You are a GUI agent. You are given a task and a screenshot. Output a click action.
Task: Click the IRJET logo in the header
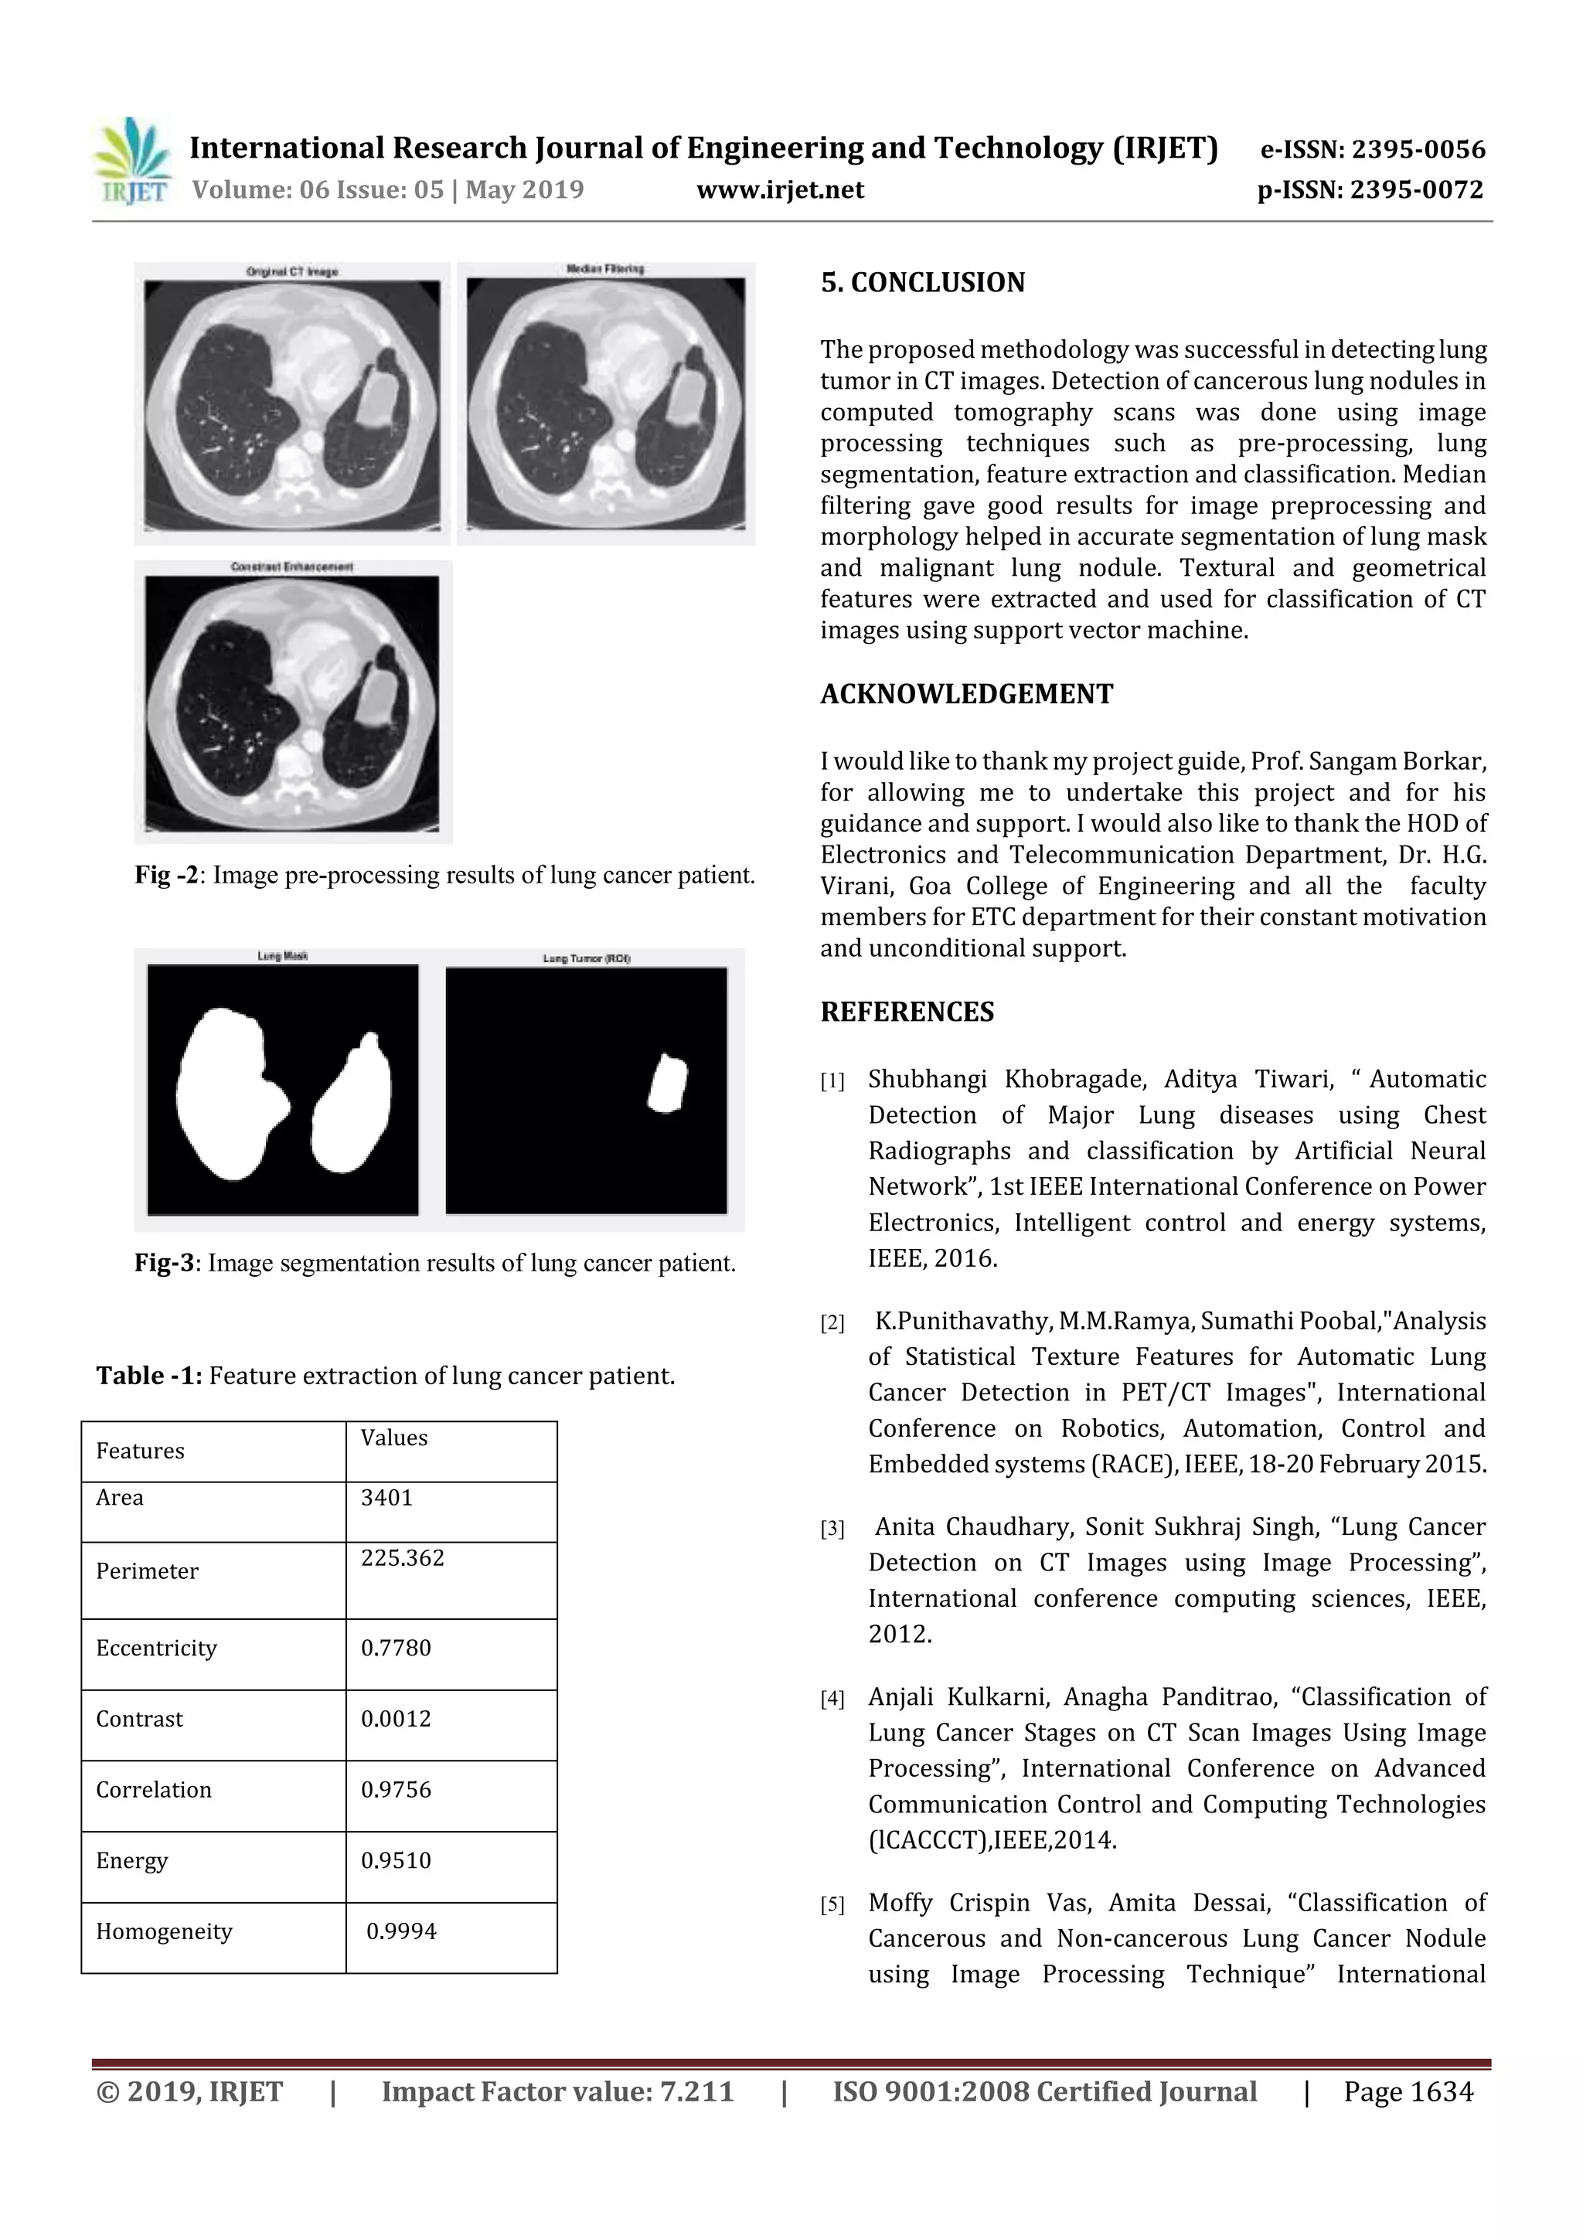coord(131,162)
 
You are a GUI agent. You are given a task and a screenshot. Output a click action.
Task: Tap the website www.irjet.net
coord(779,190)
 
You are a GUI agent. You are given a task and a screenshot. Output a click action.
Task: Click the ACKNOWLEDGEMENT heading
coord(965,694)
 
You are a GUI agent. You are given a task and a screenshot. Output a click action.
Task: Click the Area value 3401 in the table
coord(386,1498)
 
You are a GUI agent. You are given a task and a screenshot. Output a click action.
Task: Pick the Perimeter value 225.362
coord(402,1557)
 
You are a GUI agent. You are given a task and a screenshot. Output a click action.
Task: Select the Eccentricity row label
coord(156,1648)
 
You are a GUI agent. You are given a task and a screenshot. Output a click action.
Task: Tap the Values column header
coord(393,1438)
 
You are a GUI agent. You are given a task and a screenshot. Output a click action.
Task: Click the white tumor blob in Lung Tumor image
coord(668,1084)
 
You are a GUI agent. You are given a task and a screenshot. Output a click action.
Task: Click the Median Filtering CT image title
coord(604,268)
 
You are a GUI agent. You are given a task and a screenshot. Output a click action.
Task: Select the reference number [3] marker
coord(832,1529)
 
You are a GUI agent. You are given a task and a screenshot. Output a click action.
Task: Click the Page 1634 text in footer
coord(1408,2091)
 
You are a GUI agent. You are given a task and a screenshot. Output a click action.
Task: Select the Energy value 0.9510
coord(395,1860)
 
